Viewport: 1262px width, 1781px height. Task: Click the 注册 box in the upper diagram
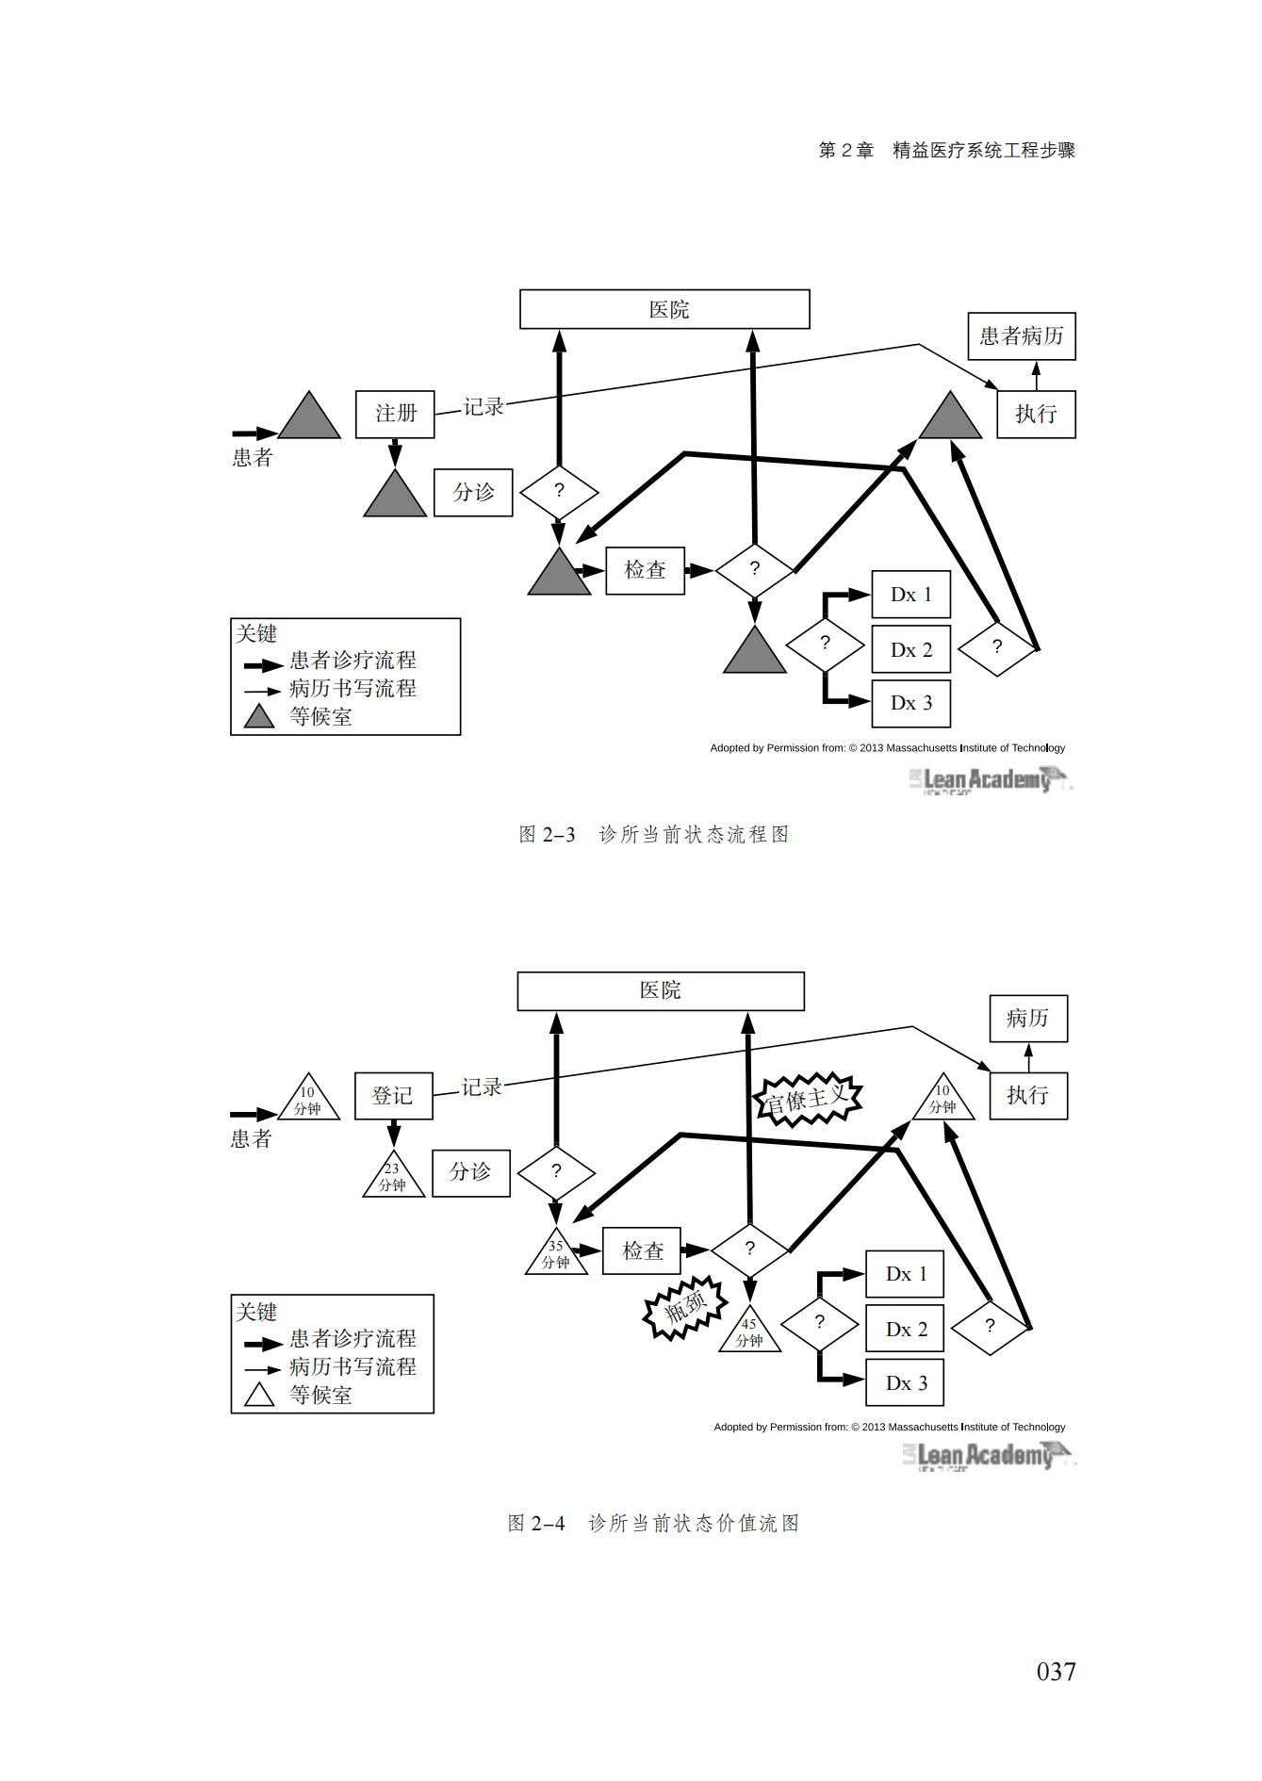click(x=395, y=415)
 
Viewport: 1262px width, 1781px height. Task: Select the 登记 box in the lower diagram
click(x=393, y=1096)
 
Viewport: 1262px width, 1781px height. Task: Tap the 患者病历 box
click(x=1021, y=336)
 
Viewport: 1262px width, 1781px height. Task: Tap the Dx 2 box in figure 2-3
click(x=910, y=649)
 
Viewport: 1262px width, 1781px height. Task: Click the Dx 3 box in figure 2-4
click(x=906, y=1383)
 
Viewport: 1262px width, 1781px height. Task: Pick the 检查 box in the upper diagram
click(x=645, y=570)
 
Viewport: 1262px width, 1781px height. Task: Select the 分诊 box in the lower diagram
click(x=470, y=1172)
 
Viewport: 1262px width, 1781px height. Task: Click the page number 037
click(x=1056, y=1672)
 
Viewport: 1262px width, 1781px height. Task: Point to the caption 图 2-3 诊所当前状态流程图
click(x=654, y=835)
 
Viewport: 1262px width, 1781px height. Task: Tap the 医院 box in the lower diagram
click(x=660, y=991)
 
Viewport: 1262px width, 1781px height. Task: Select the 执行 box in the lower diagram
click(x=1027, y=1096)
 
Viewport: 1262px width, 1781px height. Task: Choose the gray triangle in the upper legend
click(x=259, y=718)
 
